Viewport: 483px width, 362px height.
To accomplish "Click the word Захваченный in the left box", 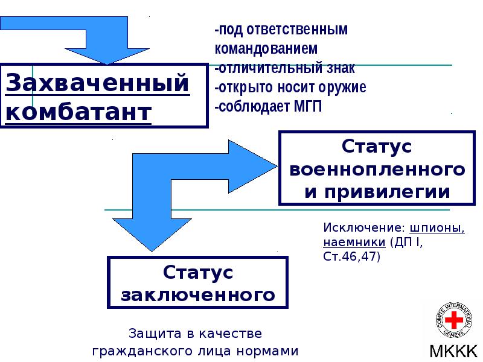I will [x=97, y=83].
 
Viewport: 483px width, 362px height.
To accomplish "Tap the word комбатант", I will [x=78, y=112].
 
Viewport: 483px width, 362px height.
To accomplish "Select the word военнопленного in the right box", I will [x=377, y=170].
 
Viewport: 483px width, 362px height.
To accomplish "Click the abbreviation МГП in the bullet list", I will [x=305, y=107].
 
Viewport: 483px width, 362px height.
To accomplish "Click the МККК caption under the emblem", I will [x=453, y=351].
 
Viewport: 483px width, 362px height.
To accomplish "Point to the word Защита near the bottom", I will [x=150, y=334].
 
